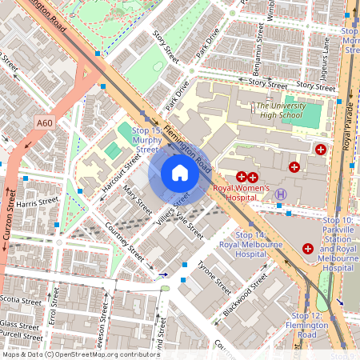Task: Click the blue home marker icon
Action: (x=180, y=174)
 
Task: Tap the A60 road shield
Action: (x=45, y=122)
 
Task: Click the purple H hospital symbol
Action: (x=281, y=194)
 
